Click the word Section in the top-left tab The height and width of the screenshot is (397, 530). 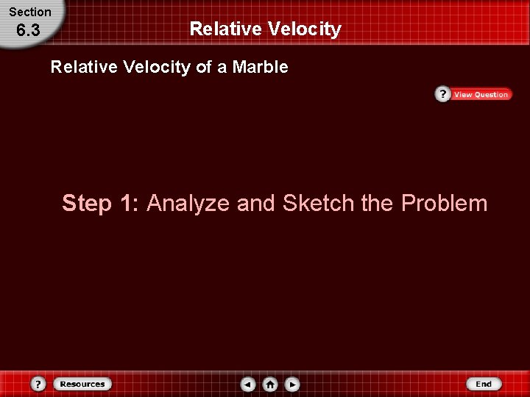30,12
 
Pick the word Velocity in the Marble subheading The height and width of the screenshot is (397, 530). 157,68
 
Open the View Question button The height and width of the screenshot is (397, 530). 481,95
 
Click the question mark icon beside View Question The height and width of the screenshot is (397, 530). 442,95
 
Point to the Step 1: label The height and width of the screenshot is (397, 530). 101,203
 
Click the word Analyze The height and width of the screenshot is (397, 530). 188,203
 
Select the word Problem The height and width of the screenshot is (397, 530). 444,203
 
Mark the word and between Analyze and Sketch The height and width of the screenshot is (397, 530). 256,203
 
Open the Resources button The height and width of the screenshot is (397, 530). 82,384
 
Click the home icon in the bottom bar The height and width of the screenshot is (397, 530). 270,384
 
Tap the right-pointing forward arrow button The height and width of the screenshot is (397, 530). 292,384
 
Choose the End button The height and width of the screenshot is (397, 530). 484,384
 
